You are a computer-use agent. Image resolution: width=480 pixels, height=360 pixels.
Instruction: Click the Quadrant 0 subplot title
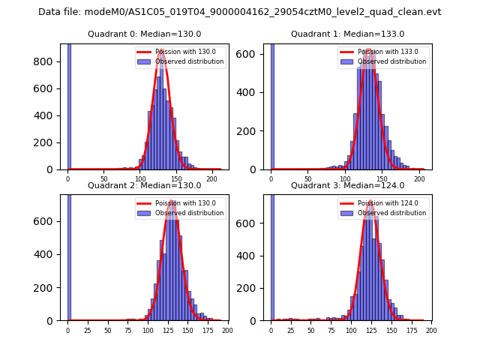click(144, 34)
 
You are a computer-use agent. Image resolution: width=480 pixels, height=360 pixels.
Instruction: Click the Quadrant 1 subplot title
click(347, 34)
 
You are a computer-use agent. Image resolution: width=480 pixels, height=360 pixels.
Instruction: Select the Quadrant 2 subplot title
click(144, 185)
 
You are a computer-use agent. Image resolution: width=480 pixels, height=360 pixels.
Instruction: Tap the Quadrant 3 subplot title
click(347, 185)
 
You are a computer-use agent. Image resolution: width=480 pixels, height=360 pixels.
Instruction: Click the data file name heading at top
click(240, 12)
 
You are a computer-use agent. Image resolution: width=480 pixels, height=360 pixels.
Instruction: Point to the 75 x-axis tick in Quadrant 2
click(127, 330)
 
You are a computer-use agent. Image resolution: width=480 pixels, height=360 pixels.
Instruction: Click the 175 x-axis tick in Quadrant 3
click(411, 330)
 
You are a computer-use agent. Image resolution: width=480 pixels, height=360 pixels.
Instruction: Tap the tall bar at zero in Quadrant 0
click(69, 105)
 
